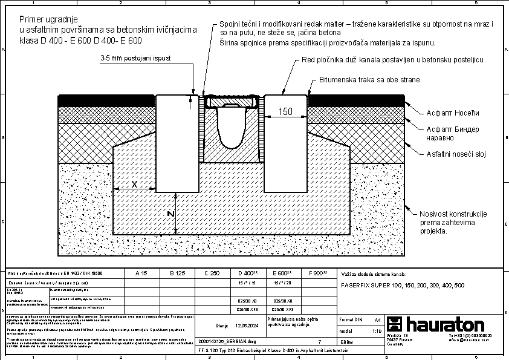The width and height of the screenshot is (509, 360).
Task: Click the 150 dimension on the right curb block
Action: [x=285, y=111]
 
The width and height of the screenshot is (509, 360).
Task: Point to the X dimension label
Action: [x=134, y=183]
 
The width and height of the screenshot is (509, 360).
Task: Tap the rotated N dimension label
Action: [x=171, y=214]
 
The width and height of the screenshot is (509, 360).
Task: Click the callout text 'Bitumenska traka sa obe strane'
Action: [x=369, y=80]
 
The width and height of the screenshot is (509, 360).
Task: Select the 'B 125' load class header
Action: [x=177, y=273]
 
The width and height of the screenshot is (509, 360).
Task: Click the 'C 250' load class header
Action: [x=212, y=273]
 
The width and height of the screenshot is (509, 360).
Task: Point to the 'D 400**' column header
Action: [x=248, y=273]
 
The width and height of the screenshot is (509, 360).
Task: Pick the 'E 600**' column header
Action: [x=282, y=273]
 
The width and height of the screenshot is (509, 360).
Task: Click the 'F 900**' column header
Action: [x=318, y=273]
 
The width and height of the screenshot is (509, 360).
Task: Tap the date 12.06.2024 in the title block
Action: [x=247, y=326]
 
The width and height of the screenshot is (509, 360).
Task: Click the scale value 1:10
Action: [x=377, y=332]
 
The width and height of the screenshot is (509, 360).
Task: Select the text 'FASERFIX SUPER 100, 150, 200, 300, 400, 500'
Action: [x=403, y=284]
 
